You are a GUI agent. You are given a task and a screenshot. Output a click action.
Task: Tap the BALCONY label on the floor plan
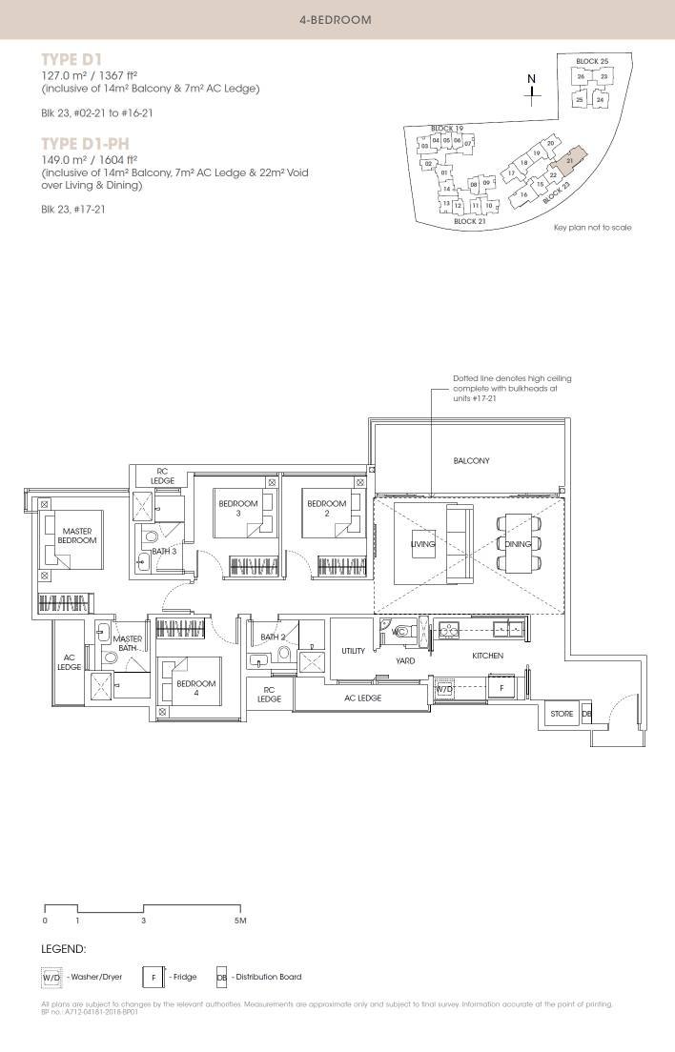[x=471, y=460]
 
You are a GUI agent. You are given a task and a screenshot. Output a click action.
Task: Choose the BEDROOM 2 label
[x=326, y=508]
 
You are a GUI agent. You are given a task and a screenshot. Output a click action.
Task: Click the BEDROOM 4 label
[x=195, y=688]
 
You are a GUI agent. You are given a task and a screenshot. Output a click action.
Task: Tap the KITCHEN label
[x=487, y=656]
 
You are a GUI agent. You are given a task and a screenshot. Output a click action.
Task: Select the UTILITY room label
[x=354, y=651]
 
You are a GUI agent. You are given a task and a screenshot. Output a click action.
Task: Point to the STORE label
[x=562, y=714]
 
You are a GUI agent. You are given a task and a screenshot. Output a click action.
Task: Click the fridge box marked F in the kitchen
[x=500, y=688]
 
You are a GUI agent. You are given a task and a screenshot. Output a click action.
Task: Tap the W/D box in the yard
[x=445, y=688]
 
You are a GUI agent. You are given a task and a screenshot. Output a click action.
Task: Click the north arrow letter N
[x=533, y=77]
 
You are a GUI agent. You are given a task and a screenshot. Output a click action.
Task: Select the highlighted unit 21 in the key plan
[x=569, y=161]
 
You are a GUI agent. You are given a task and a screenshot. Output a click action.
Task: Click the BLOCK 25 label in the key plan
[x=592, y=61]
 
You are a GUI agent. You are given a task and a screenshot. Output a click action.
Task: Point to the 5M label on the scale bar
[x=240, y=920]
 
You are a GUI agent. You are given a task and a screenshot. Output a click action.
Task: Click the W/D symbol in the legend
[x=51, y=977]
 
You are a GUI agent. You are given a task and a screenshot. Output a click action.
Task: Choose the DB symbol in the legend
[x=221, y=977]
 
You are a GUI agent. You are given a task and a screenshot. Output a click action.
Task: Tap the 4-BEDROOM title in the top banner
[x=336, y=19]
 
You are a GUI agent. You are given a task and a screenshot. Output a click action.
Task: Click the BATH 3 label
[x=164, y=551]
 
